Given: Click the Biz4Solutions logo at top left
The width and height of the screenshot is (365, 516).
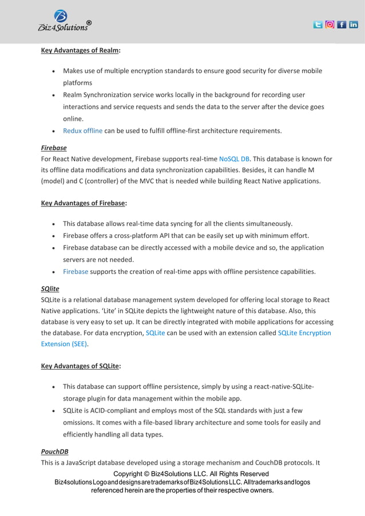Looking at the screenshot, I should (x=64, y=21).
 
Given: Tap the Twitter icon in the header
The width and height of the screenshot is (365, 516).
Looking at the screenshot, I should (x=318, y=25).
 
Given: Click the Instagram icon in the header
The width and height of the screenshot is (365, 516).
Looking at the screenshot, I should (x=330, y=25).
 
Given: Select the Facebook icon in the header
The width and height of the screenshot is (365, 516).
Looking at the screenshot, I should (x=342, y=25).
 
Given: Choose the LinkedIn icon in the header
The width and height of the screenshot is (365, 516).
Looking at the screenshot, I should (x=354, y=25).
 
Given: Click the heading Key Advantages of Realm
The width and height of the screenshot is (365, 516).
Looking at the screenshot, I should (x=81, y=50).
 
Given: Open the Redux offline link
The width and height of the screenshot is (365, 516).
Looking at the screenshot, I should (x=82, y=130).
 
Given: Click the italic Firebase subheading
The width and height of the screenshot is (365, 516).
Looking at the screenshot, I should (x=54, y=148).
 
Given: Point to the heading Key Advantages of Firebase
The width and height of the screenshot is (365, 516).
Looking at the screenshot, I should (x=84, y=203).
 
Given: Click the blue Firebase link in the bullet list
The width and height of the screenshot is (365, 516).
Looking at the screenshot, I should (x=76, y=271).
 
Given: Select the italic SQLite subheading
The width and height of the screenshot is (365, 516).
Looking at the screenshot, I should (x=50, y=289).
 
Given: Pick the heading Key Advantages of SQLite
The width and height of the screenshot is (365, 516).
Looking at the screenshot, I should (x=81, y=366).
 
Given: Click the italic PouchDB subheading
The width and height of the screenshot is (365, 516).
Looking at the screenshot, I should (x=55, y=451).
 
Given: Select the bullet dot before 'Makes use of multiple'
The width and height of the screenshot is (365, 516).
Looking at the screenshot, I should (x=53, y=72).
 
